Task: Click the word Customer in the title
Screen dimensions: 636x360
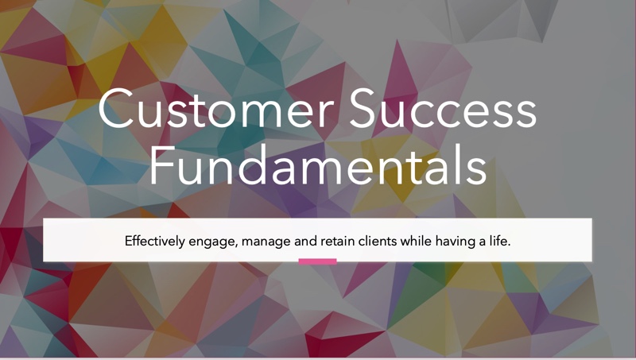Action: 215,108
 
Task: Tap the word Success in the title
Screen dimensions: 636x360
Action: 444,108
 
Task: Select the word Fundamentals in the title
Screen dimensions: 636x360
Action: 318,165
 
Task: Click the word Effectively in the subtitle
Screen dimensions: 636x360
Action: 154,242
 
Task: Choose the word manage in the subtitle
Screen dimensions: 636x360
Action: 266,242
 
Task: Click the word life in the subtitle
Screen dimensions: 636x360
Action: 498,242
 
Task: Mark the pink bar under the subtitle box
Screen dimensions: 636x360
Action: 317,261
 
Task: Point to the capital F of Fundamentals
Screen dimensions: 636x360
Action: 161,165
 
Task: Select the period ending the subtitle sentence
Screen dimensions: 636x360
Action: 509,246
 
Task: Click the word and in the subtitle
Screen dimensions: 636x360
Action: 305,242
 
